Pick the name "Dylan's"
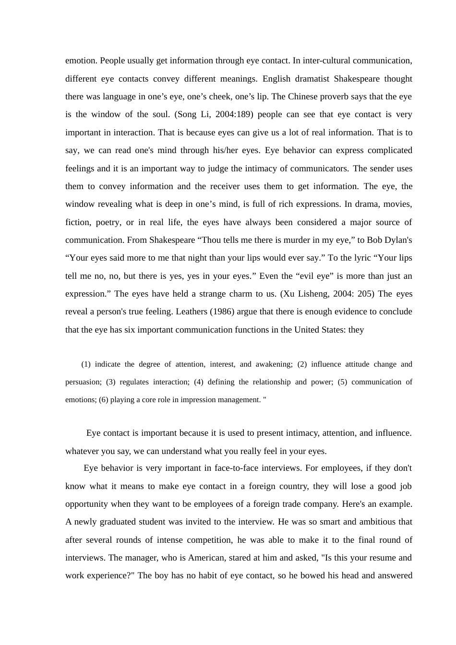396,240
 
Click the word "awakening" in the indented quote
274,364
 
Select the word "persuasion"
83,382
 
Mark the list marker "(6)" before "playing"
104,400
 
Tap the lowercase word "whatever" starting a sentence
82,451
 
